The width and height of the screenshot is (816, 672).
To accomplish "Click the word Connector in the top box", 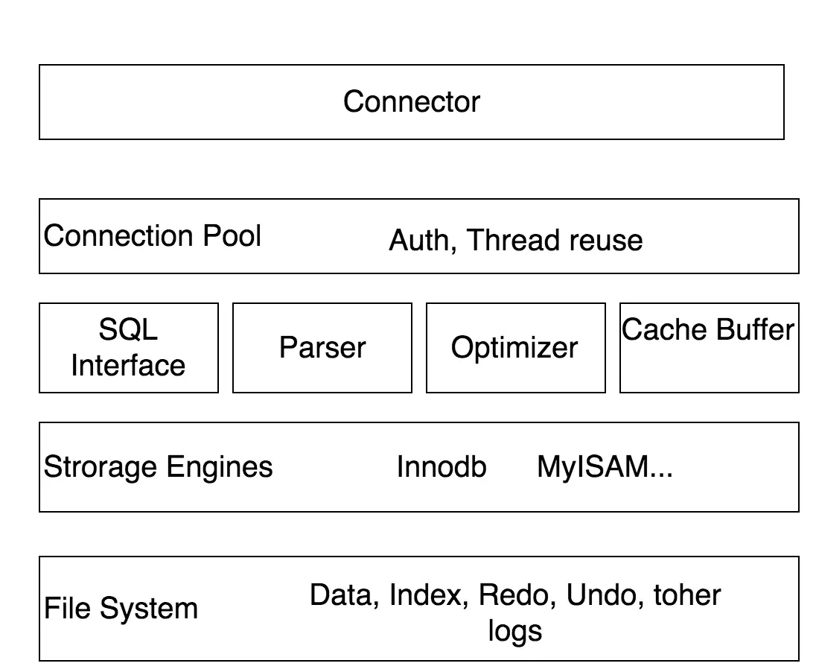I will click(411, 101).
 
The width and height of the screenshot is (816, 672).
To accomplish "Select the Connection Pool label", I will click(152, 236).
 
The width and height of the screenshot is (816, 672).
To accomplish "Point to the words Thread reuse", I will click(555, 241).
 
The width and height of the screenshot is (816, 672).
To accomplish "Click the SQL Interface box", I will click(128, 347).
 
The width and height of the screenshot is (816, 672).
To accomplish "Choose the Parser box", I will click(322, 347).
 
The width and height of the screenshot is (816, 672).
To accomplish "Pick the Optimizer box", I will click(514, 347).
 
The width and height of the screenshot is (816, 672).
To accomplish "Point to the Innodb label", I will click(441, 467).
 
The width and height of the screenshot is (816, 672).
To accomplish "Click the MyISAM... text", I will click(605, 467).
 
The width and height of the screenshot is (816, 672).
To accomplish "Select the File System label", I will click(121, 609).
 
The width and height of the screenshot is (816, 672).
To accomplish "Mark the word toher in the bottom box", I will click(686, 595).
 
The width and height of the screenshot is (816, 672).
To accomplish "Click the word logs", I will click(514, 631).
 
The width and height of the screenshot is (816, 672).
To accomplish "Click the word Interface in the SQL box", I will click(128, 365).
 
